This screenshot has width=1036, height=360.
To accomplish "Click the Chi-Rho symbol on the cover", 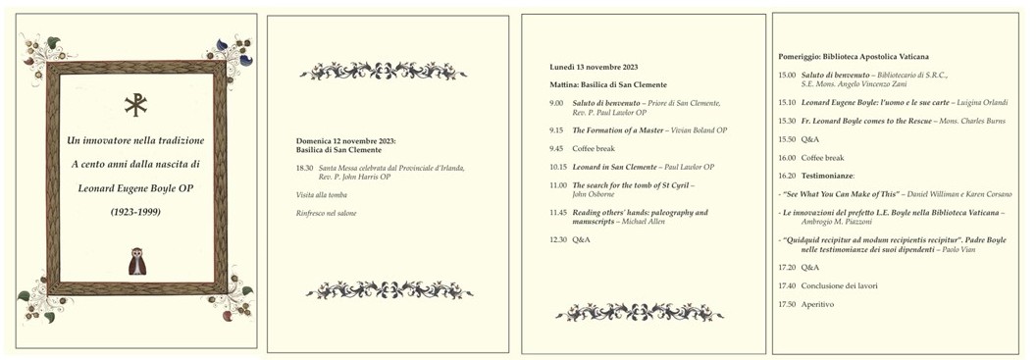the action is click(x=136, y=105).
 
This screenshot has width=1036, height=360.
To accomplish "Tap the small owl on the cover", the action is click(x=136, y=260).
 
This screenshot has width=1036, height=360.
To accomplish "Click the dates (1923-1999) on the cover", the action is click(x=135, y=212).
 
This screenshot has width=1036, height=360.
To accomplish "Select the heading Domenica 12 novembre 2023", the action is click(x=346, y=141).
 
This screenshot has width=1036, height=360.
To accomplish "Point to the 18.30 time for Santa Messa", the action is click(x=304, y=169).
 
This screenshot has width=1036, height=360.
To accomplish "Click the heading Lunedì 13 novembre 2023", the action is click(x=594, y=67).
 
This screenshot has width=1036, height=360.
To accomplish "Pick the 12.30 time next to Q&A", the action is click(x=557, y=239).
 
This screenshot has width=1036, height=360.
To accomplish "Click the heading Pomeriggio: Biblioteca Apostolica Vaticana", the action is click(x=853, y=57).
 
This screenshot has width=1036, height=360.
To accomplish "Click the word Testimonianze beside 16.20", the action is click(x=829, y=176).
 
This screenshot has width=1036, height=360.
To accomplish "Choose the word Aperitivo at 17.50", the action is click(x=818, y=304).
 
